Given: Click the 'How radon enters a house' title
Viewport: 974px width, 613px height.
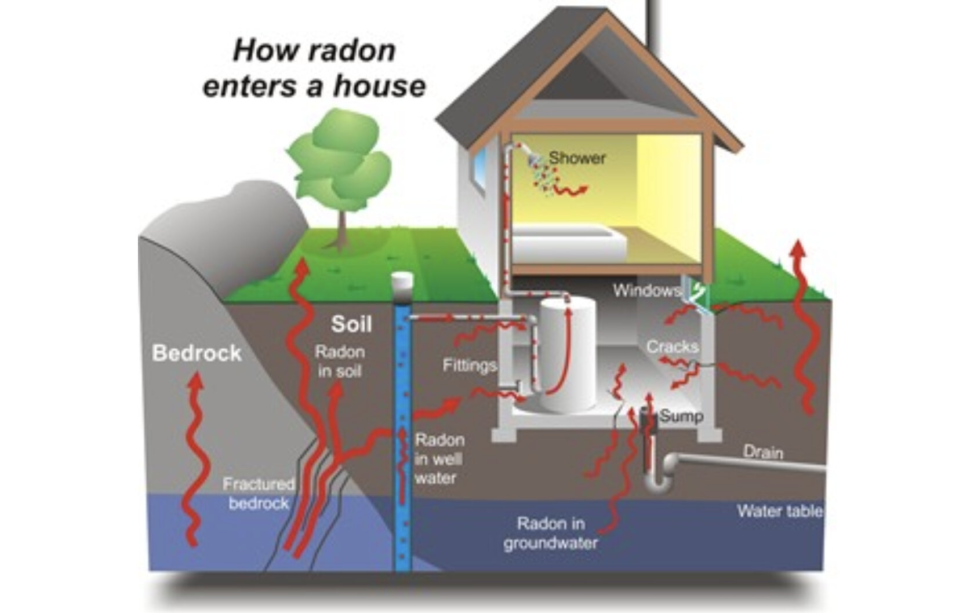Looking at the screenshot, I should click(x=314, y=68).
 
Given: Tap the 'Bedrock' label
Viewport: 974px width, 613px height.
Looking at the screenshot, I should click(x=197, y=353).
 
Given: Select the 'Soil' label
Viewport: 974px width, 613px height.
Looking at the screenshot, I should click(x=351, y=324).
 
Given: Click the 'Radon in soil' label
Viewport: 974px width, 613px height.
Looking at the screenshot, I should click(x=340, y=361).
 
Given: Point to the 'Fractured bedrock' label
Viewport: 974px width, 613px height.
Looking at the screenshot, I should click(x=259, y=493).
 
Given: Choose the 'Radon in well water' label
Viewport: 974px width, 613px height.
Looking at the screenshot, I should click(x=439, y=459).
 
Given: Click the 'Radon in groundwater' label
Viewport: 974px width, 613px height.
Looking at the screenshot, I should click(x=550, y=533).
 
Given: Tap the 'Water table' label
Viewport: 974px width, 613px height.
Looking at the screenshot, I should click(x=779, y=510).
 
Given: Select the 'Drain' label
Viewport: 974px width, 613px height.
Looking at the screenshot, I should click(x=763, y=451).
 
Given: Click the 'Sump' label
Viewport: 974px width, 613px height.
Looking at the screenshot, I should click(x=682, y=415).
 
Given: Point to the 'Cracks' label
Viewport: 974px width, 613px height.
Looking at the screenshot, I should click(x=672, y=346).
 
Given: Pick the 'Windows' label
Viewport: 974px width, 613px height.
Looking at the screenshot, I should click(x=646, y=290).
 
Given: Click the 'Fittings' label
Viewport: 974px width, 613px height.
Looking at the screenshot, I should click(x=470, y=365).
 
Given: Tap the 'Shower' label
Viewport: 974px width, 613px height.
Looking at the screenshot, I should click(x=577, y=158).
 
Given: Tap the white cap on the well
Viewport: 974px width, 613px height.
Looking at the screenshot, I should click(x=402, y=282).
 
